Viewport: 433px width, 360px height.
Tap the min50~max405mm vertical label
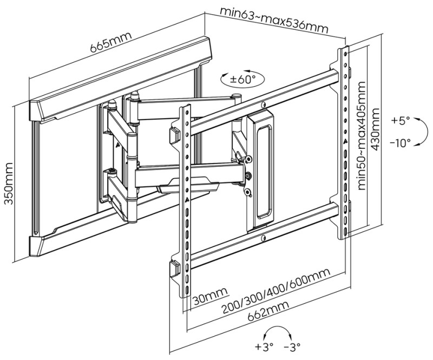pos(361,136)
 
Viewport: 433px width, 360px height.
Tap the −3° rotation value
pos(293,346)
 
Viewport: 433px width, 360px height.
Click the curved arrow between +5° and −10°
pos(422,132)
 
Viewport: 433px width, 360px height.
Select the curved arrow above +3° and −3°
pos(279,332)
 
